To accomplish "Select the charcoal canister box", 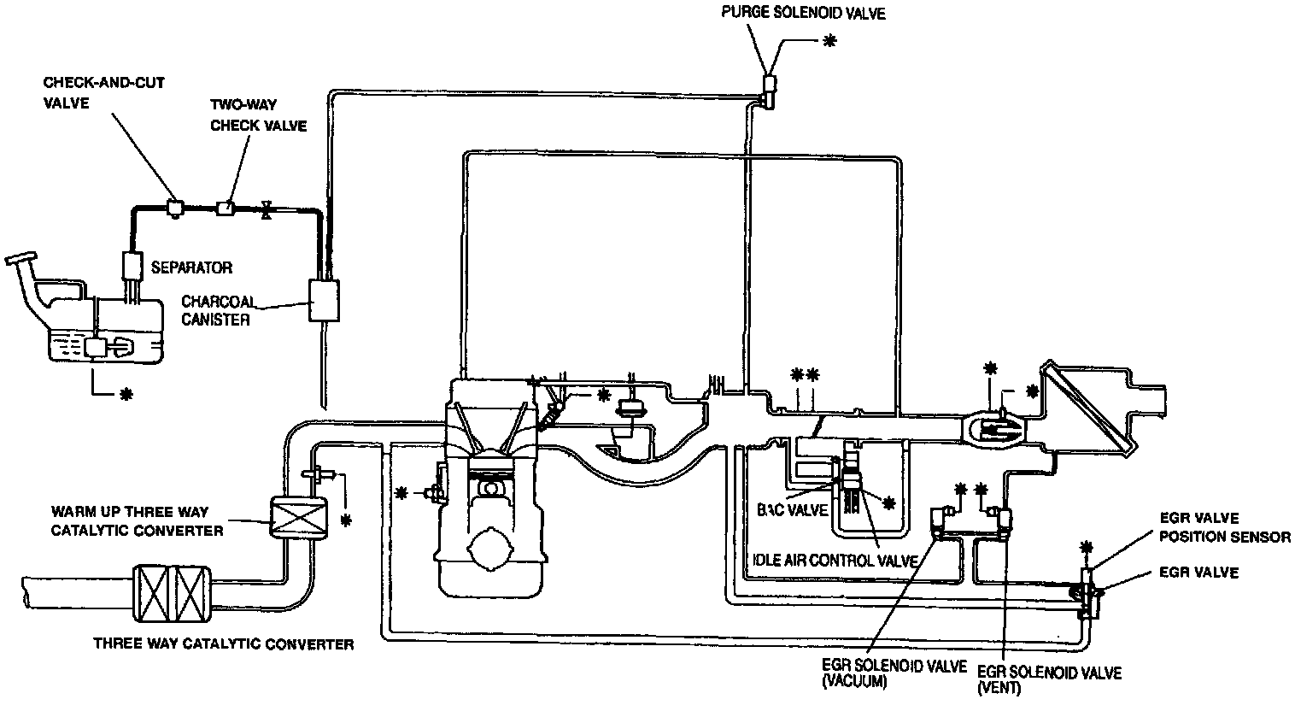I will point(325,300).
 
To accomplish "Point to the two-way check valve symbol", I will point(226,207).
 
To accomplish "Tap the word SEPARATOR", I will point(191,267).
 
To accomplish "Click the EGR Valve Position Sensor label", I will point(1224,528).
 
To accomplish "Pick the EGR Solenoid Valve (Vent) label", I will point(1049,679).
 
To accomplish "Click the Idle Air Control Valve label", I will point(836,561).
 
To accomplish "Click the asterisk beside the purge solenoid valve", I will point(828,40).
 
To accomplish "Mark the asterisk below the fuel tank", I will point(127,394).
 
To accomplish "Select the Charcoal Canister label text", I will point(216,310).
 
